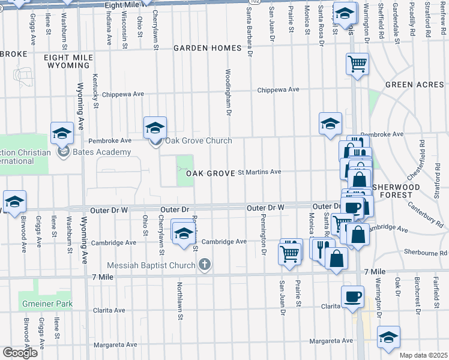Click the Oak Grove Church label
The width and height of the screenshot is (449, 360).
(199, 141)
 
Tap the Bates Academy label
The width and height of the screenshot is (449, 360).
(101, 152)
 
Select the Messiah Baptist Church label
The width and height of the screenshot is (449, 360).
(151, 265)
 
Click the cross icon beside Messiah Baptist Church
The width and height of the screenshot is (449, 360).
(205, 264)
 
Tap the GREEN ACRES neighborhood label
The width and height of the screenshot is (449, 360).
(415, 85)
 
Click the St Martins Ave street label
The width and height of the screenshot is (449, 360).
(259, 172)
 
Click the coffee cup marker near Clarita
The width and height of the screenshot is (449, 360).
(352, 296)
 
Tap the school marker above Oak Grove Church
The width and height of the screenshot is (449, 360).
(155, 127)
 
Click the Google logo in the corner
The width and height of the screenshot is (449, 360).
(19, 353)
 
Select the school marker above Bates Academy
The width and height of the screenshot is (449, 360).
(62, 133)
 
